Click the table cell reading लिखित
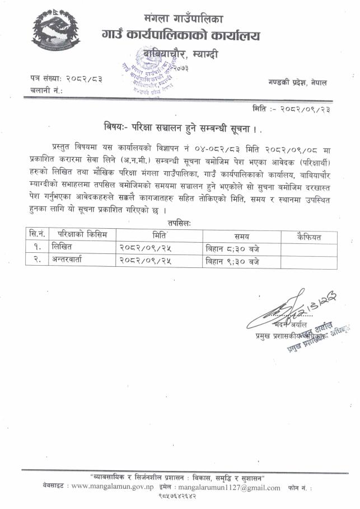pos(62,248)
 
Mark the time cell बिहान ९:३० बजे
pos(232,261)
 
